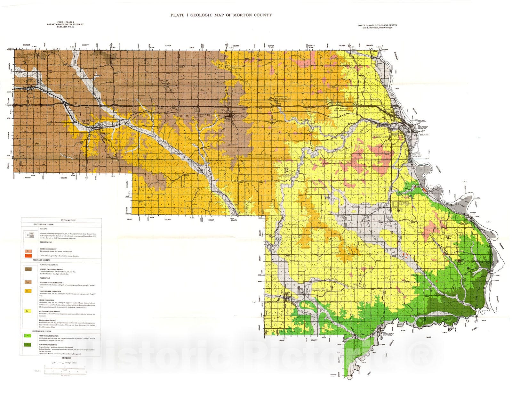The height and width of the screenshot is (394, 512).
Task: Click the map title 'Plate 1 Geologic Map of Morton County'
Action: [221, 15]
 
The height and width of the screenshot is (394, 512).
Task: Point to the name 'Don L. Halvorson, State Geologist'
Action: [375, 28]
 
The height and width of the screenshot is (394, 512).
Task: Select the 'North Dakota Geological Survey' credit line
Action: [375, 25]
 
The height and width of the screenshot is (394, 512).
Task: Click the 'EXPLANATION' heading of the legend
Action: [68, 220]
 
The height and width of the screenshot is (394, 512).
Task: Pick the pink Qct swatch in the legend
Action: [28, 251]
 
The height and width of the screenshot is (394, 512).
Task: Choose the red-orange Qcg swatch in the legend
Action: [28, 256]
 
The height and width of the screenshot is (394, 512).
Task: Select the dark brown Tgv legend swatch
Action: [28, 270]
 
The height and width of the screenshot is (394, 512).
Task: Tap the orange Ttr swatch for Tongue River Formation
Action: [28, 291]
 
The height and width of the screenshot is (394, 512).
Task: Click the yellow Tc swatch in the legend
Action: [28, 311]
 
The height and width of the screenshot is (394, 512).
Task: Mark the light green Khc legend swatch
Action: [28, 335]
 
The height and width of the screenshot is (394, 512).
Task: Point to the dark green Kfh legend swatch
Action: [28, 345]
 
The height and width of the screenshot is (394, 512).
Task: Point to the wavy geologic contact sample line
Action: [58, 363]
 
